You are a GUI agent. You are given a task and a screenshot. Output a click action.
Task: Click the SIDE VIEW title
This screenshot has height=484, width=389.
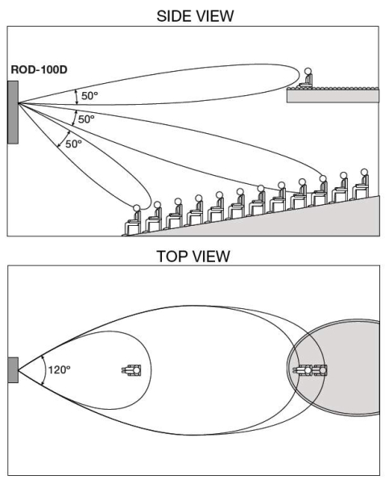[195, 16]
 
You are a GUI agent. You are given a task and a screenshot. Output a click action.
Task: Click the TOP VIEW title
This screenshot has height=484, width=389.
[193, 257]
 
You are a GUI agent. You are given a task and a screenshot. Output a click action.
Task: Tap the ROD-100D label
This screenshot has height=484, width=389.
[39, 69]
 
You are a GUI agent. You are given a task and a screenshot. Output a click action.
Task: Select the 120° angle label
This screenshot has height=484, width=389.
[59, 369]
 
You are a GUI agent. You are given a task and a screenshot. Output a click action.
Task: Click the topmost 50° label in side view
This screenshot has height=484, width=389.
[89, 96]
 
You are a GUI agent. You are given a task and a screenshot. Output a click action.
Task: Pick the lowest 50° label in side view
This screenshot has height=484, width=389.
[73, 144]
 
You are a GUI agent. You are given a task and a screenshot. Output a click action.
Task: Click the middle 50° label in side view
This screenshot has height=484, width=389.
[86, 119]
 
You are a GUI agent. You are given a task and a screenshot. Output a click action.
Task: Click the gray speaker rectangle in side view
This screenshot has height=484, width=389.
[13, 112]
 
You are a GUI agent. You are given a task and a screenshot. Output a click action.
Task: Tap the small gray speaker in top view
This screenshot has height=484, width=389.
[13, 370]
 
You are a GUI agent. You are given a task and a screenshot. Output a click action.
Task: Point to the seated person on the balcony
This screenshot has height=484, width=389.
[306, 79]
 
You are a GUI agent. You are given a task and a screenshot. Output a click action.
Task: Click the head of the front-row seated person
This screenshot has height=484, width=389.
[137, 208]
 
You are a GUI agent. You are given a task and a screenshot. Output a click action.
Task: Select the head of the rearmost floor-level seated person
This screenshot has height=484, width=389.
[364, 172]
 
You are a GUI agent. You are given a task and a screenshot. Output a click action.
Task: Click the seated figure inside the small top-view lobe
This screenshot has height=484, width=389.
[131, 369]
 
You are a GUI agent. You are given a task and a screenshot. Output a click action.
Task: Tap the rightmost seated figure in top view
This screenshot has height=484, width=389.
[320, 369]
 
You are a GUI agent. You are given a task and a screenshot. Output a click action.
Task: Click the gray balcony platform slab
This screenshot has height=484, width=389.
[333, 96]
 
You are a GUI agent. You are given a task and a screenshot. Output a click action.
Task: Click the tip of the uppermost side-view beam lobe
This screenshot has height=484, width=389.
[300, 75]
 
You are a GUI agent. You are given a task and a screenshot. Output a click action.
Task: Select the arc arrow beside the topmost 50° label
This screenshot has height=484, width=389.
[77, 97]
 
